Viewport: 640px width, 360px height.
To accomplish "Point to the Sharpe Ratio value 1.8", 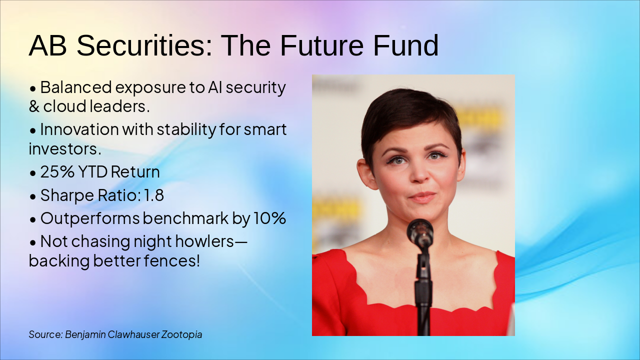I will click(153, 195).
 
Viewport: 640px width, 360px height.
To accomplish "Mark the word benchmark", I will click(192, 218).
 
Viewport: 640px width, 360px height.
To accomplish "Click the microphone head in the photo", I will click(419, 232).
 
